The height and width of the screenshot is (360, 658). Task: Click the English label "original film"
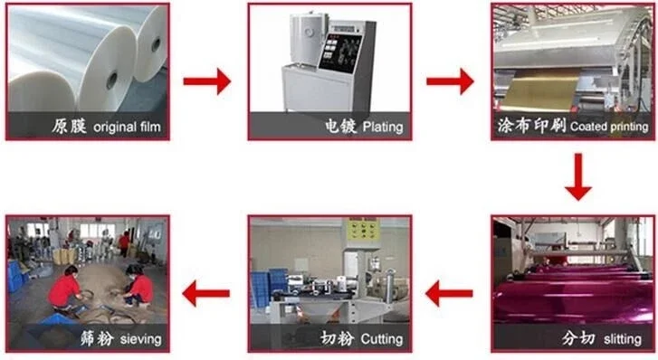pos(127,127)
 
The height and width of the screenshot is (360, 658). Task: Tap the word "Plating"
pos(383,127)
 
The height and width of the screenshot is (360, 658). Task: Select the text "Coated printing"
pos(609,127)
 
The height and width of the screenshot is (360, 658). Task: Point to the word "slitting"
pos(623,339)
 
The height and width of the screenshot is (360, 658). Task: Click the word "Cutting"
pos(382,339)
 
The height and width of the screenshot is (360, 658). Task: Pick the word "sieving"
pos(140,339)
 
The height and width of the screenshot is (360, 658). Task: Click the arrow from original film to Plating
pos(207,81)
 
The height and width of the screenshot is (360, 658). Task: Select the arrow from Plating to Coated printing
pos(450,81)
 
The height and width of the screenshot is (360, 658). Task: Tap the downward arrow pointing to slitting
pos(578,176)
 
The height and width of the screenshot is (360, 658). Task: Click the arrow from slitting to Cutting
pos(449,294)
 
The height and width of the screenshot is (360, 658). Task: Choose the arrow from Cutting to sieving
pos(206,294)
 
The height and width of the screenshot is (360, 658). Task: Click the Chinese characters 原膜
pos(70,126)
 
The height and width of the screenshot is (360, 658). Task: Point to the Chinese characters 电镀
pos(340,126)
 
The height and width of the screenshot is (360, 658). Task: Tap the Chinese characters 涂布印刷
pos(531,126)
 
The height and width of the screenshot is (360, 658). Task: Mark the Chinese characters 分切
pos(578,338)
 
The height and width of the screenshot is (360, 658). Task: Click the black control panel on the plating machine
pos(340,52)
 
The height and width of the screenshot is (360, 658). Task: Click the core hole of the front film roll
pos(111,81)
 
